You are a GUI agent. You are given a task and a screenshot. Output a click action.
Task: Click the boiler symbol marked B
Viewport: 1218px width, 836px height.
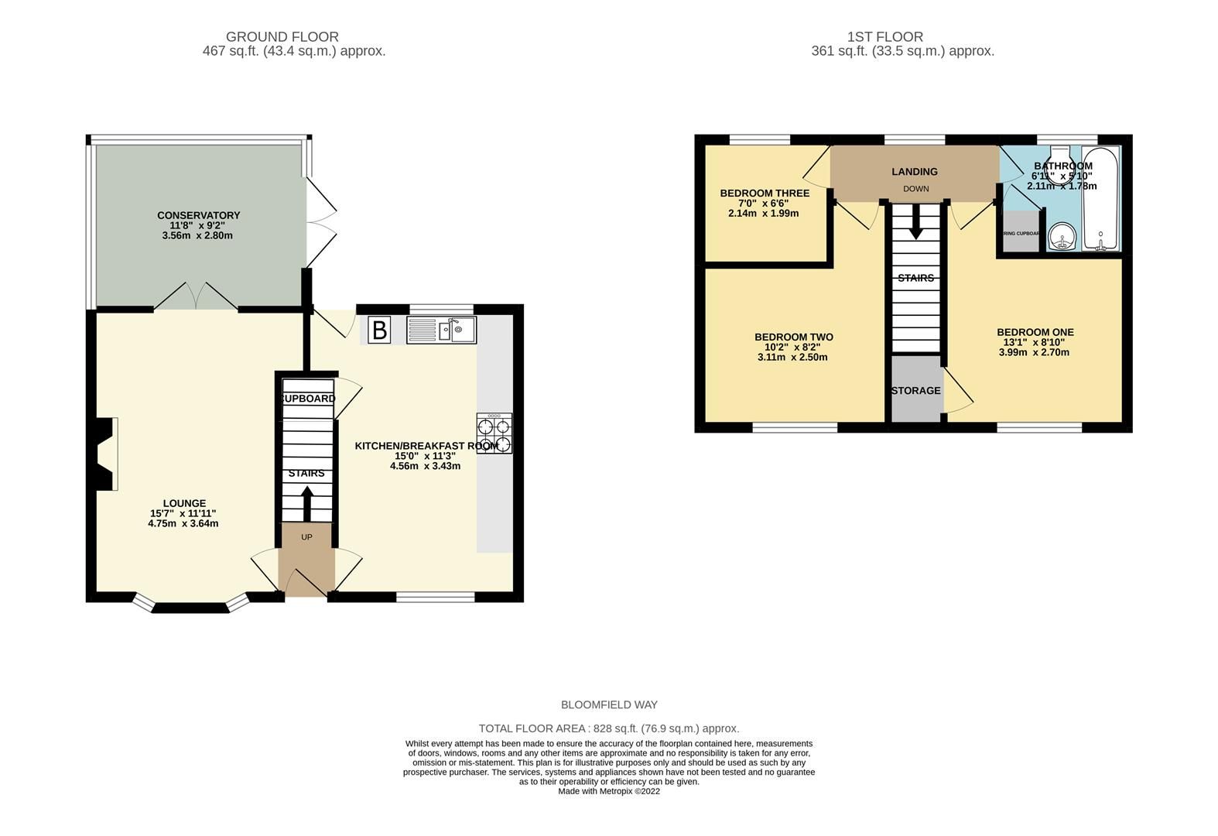tap(379, 331)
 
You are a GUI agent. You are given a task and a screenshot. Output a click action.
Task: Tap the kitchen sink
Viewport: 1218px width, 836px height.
tap(442, 331)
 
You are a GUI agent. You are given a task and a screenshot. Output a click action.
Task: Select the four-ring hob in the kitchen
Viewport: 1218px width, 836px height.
tap(494, 434)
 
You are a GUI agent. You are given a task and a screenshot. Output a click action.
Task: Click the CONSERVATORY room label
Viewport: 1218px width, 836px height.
tap(198, 215)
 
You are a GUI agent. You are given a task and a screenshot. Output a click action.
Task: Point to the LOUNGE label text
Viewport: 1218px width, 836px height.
tap(184, 503)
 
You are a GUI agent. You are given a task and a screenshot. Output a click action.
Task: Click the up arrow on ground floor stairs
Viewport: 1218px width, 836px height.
tap(307, 502)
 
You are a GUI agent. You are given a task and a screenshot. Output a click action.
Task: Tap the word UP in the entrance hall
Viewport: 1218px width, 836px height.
tap(306, 537)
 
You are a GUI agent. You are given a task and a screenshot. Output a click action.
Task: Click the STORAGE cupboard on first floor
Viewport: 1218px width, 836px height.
tap(915, 390)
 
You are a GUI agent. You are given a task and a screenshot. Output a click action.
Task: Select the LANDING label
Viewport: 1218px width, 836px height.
tap(914, 172)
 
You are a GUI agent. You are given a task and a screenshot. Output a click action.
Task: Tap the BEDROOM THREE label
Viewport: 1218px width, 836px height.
tap(764, 194)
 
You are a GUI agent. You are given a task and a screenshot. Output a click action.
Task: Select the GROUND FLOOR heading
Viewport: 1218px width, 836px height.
tap(282, 36)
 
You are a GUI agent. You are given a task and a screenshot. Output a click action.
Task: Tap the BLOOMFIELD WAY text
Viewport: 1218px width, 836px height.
tap(609, 704)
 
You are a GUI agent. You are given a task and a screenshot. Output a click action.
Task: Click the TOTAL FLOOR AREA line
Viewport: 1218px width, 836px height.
tap(609, 728)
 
